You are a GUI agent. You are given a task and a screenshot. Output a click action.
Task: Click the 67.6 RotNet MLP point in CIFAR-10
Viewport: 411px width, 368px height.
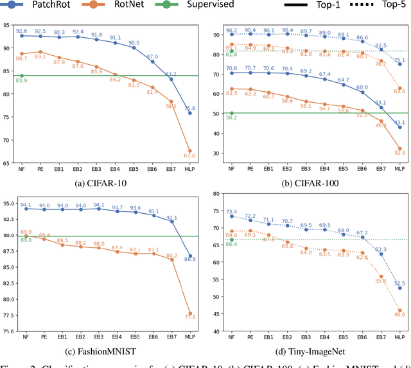(x=190, y=150)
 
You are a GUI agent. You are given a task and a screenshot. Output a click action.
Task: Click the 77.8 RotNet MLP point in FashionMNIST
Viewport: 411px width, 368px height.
(x=190, y=313)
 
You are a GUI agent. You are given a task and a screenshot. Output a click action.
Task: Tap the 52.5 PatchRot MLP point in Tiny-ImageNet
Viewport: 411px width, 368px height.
(x=399, y=288)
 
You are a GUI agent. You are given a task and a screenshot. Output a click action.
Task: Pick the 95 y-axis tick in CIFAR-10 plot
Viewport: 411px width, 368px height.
(x=8, y=25)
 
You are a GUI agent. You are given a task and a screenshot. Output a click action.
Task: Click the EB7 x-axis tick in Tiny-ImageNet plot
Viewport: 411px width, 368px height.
(x=380, y=337)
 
